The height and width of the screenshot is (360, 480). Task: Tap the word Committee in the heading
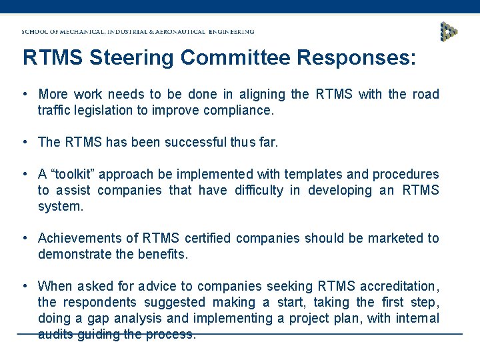point(236,57)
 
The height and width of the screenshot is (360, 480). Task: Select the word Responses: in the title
point(357,57)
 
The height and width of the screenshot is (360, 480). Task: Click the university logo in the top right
point(449,31)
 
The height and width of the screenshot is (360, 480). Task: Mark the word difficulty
point(259,190)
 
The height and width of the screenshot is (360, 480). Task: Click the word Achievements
point(77,238)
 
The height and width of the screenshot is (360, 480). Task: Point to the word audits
point(55,334)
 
